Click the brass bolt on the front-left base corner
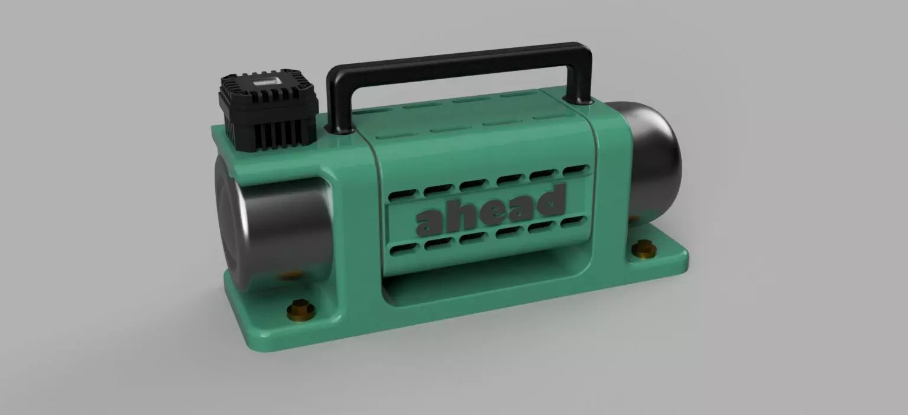[x=300, y=309]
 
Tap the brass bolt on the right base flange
[x=643, y=250]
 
